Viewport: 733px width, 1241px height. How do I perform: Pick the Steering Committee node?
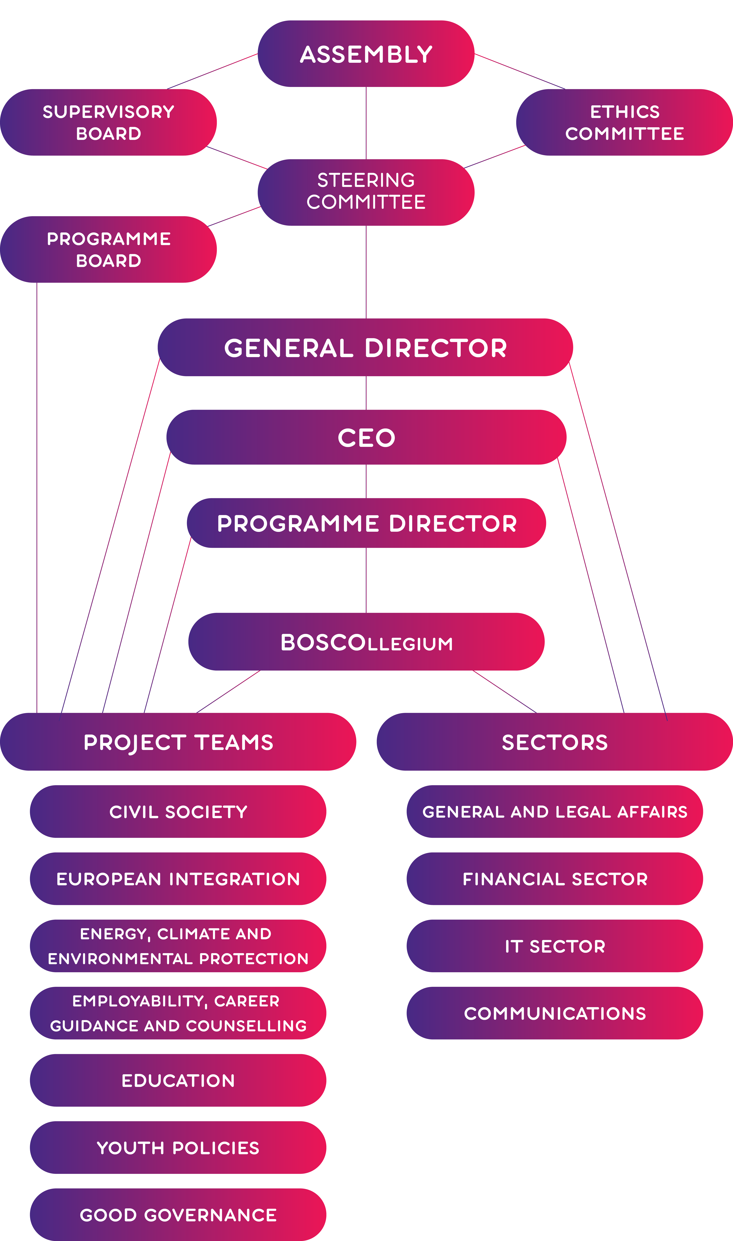366,192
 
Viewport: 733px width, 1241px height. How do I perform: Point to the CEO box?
366,437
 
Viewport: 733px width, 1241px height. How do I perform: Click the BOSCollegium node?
366,642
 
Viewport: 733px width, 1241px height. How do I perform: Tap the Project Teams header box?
178,742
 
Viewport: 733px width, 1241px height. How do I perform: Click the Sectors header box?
555,742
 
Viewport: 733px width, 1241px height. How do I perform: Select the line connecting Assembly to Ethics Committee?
520,71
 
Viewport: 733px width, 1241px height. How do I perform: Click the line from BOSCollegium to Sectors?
504,692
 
